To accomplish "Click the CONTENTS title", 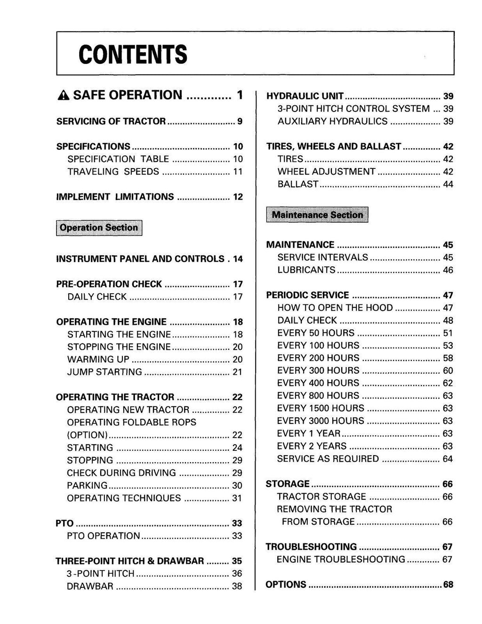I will (x=133, y=55).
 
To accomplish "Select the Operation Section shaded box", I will (x=99, y=228).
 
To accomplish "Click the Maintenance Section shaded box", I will (x=317, y=215).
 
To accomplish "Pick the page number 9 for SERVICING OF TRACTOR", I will (x=240, y=121).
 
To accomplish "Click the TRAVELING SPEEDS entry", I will (x=113, y=172).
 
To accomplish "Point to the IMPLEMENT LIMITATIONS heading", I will (x=115, y=197).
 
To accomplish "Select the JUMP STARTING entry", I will (x=104, y=372).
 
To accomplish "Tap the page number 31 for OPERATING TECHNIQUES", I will (x=237, y=498).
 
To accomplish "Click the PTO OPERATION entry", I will (x=104, y=536).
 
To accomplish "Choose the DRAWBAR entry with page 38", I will (x=90, y=586).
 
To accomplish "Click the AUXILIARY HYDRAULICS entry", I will (x=332, y=121).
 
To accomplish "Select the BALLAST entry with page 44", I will (x=298, y=184).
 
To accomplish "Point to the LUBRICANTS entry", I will (x=306, y=270).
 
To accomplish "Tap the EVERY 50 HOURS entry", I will (x=316, y=333).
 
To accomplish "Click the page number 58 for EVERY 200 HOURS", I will (x=448, y=358).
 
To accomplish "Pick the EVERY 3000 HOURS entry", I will (x=321, y=421).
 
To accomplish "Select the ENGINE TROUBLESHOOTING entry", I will (x=341, y=559).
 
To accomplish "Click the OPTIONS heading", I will (x=286, y=584).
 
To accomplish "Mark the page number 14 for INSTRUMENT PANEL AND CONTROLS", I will (x=238, y=259).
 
